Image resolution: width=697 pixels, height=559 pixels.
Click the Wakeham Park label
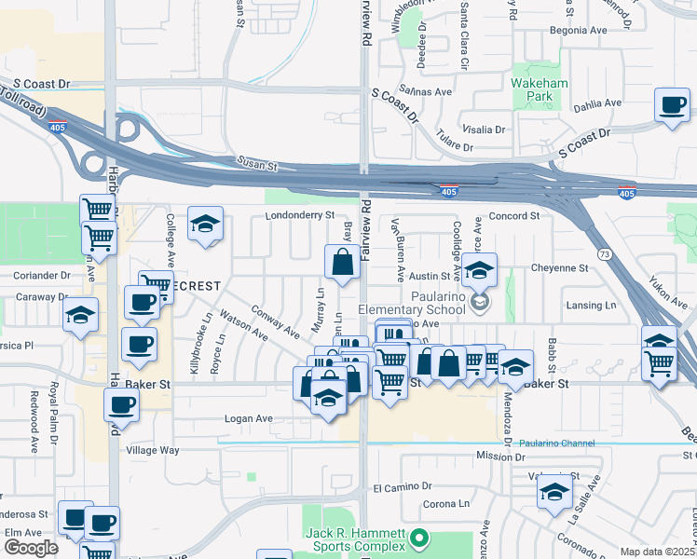532,89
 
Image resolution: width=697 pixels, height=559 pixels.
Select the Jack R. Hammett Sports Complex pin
418,538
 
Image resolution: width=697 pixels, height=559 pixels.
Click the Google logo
31,548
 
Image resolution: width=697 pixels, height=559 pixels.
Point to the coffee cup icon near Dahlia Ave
671,106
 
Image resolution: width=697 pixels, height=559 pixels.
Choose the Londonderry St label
299,215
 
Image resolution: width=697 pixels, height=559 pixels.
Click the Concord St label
514,215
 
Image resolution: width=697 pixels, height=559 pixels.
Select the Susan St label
257,165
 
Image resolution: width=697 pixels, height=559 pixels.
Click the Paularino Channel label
556,443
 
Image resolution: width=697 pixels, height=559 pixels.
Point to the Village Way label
153,450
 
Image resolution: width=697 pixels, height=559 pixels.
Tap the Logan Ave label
249,419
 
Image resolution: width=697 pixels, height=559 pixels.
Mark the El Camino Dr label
405,487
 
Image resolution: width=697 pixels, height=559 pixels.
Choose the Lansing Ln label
591,305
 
